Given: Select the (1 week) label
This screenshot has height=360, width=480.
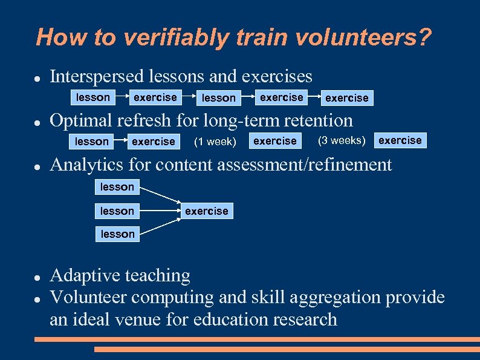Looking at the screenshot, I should tap(214, 142).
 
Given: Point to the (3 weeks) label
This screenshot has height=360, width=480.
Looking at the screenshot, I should tap(342, 141).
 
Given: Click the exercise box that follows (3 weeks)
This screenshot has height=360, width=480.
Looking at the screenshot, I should tap(400, 140).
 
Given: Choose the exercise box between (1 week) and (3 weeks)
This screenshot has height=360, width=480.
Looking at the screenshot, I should tap(275, 141).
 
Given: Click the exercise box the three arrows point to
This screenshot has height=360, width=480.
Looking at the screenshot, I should tap(206, 211).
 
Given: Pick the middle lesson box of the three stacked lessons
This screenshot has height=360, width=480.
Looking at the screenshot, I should tap(117, 211).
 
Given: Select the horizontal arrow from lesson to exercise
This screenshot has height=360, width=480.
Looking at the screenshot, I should tap(161, 211).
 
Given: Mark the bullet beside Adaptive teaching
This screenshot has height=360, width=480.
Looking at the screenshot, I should tap(37, 277).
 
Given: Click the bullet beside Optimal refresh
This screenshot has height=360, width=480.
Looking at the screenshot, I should tap(37, 122).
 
